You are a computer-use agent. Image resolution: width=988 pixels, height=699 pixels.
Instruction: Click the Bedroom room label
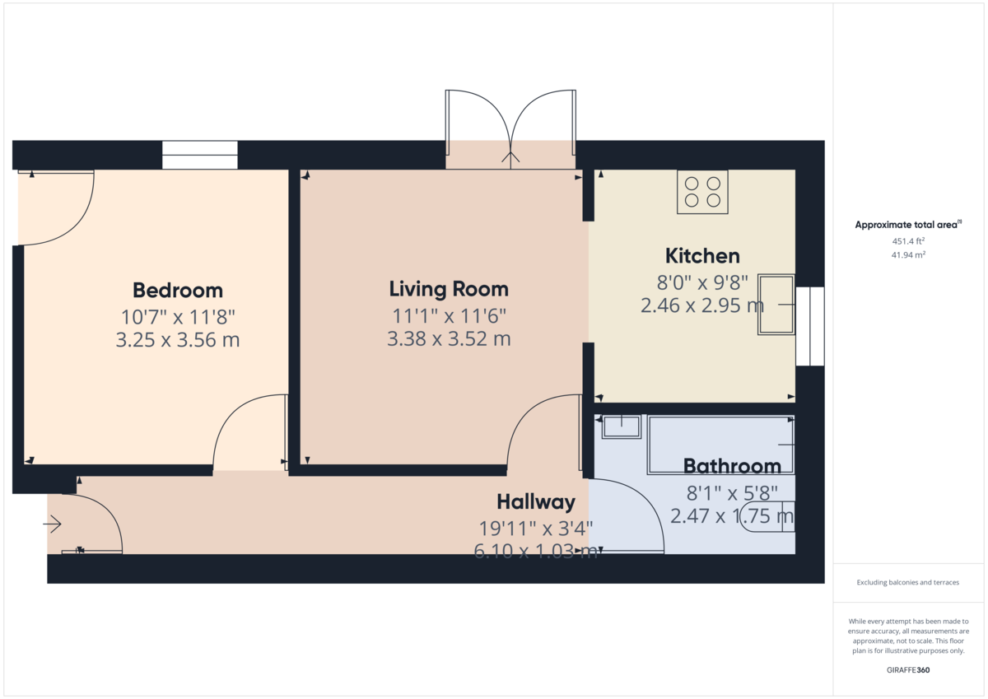pyautogui.click(x=178, y=291)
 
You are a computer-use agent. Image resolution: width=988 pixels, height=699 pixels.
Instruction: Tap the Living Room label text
pyautogui.click(x=449, y=289)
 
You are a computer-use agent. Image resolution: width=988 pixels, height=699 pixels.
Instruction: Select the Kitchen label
pyautogui.click(x=702, y=255)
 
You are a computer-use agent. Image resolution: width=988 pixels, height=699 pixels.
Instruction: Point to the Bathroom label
pyautogui.click(x=732, y=466)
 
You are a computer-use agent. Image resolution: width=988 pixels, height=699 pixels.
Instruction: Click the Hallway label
pyautogui.click(x=535, y=502)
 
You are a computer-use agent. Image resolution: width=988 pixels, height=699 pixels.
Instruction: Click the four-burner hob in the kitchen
pyautogui.click(x=702, y=192)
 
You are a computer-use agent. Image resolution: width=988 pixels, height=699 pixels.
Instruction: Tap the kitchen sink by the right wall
pyautogui.click(x=776, y=305)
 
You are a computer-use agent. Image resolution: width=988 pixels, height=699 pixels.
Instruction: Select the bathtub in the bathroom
pyautogui.click(x=720, y=445)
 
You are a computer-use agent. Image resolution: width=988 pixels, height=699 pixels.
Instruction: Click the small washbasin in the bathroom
pyautogui.click(x=622, y=426)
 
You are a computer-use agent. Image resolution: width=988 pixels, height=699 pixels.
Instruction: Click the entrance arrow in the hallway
pyautogui.click(x=53, y=524)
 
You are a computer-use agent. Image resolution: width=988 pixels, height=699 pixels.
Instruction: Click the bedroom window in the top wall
pyautogui.click(x=199, y=155)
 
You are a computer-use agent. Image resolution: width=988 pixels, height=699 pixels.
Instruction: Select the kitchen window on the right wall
pyautogui.click(x=810, y=326)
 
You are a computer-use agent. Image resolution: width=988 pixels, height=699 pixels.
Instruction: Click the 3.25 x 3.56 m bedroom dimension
pyautogui.click(x=178, y=339)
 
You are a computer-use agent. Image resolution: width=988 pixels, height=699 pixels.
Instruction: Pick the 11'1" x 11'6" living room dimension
pyautogui.click(x=449, y=315)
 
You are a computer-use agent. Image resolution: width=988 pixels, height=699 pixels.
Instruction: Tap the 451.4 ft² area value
pyautogui.click(x=908, y=241)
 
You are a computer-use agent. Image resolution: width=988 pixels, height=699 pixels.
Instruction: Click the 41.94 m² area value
pyautogui.click(x=908, y=255)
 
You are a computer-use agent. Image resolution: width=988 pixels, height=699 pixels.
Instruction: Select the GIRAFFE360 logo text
pyautogui.click(x=908, y=670)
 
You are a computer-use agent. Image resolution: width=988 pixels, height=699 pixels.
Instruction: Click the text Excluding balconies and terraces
pyautogui.click(x=908, y=583)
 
